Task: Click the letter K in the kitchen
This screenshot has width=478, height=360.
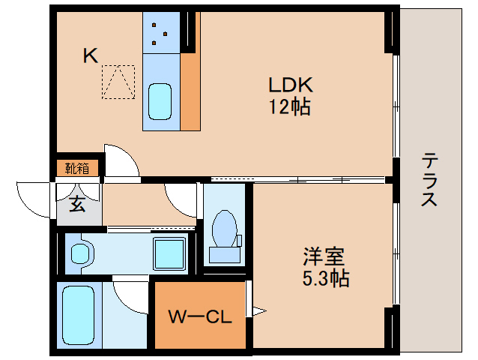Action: tap(91, 55)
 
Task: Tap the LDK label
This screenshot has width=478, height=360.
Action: tap(290, 85)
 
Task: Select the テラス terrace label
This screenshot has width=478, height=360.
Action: tap(430, 179)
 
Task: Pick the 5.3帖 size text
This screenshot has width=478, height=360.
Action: tap(324, 279)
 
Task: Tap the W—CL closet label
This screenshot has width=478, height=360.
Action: tap(199, 316)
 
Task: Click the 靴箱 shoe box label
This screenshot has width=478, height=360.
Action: tap(77, 168)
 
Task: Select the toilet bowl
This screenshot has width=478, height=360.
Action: tap(224, 228)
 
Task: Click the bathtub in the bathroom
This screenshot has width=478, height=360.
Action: tap(77, 316)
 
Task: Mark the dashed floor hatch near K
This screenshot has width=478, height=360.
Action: tap(118, 82)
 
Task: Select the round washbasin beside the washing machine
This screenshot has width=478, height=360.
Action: tap(79, 253)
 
